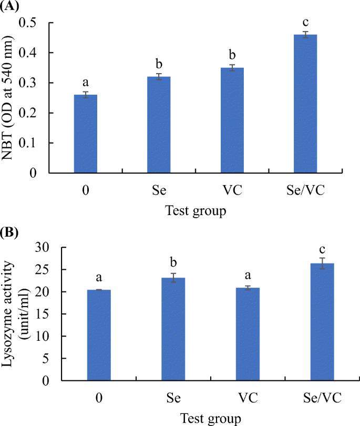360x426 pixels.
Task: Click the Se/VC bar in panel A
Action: pyautogui.click(x=305, y=104)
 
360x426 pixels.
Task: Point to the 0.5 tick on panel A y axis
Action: pyautogui.click(x=34, y=23)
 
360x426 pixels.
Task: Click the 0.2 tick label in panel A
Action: pyautogui.click(x=34, y=113)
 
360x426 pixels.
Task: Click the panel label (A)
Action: pyautogui.click(x=10, y=6)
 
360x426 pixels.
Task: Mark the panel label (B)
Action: pyautogui.click(x=10, y=231)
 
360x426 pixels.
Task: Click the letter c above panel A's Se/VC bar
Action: pyautogui.click(x=305, y=22)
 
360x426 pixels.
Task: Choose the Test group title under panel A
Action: pyautogui.click(x=196, y=211)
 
